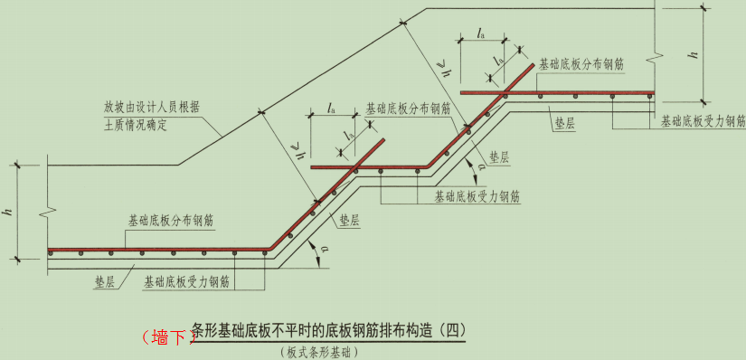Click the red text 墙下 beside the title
point(167,336)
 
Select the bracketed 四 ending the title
point(449,331)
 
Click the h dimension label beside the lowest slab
point(7,212)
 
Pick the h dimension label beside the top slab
point(693,54)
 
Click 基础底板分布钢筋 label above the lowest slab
point(172,220)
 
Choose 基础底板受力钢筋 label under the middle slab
point(477,194)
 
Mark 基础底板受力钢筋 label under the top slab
point(703,120)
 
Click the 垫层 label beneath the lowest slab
point(105,282)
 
